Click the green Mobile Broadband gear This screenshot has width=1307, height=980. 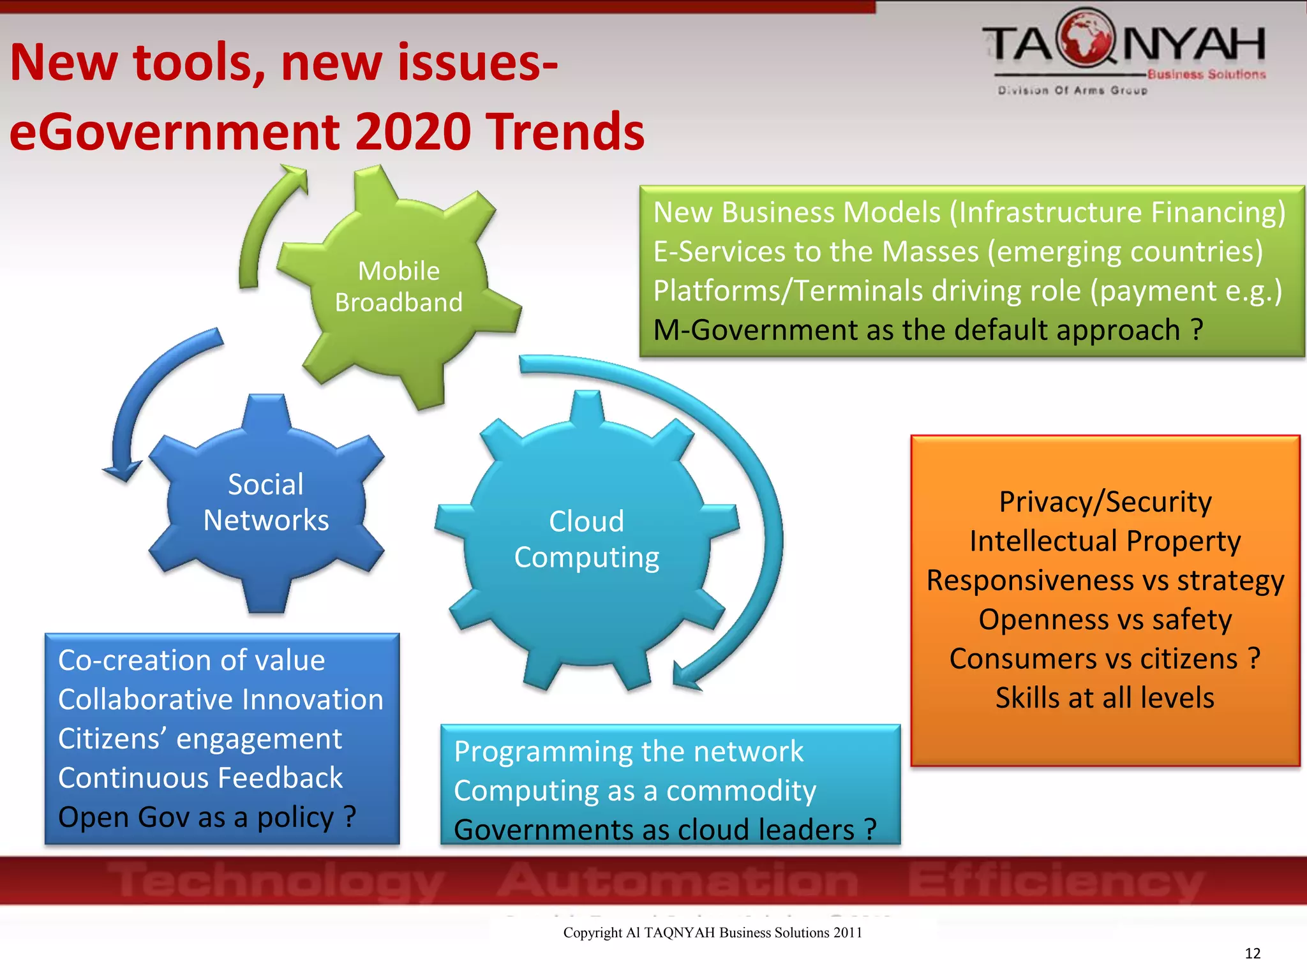click(x=399, y=287)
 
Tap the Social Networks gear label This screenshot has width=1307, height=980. click(x=266, y=503)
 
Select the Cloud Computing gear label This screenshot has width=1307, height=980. click(x=586, y=539)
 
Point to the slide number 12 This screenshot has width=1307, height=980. click(x=1252, y=953)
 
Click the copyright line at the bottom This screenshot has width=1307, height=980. click(x=712, y=933)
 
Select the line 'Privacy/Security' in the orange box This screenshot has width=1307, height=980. click(x=1105, y=502)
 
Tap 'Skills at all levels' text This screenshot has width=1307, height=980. click(x=1105, y=698)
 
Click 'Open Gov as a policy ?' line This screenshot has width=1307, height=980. click(x=207, y=817)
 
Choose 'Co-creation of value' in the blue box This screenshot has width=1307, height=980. click(x=191, y=660)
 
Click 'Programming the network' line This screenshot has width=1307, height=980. click(x=629, y=752)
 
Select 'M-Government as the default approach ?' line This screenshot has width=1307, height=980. click(x=928, y=330)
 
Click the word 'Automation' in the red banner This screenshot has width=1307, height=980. click(x=678, y=880)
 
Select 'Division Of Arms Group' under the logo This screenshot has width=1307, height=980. click(x=1073, y=91)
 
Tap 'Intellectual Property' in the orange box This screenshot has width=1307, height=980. click(x=1105, y=542)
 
